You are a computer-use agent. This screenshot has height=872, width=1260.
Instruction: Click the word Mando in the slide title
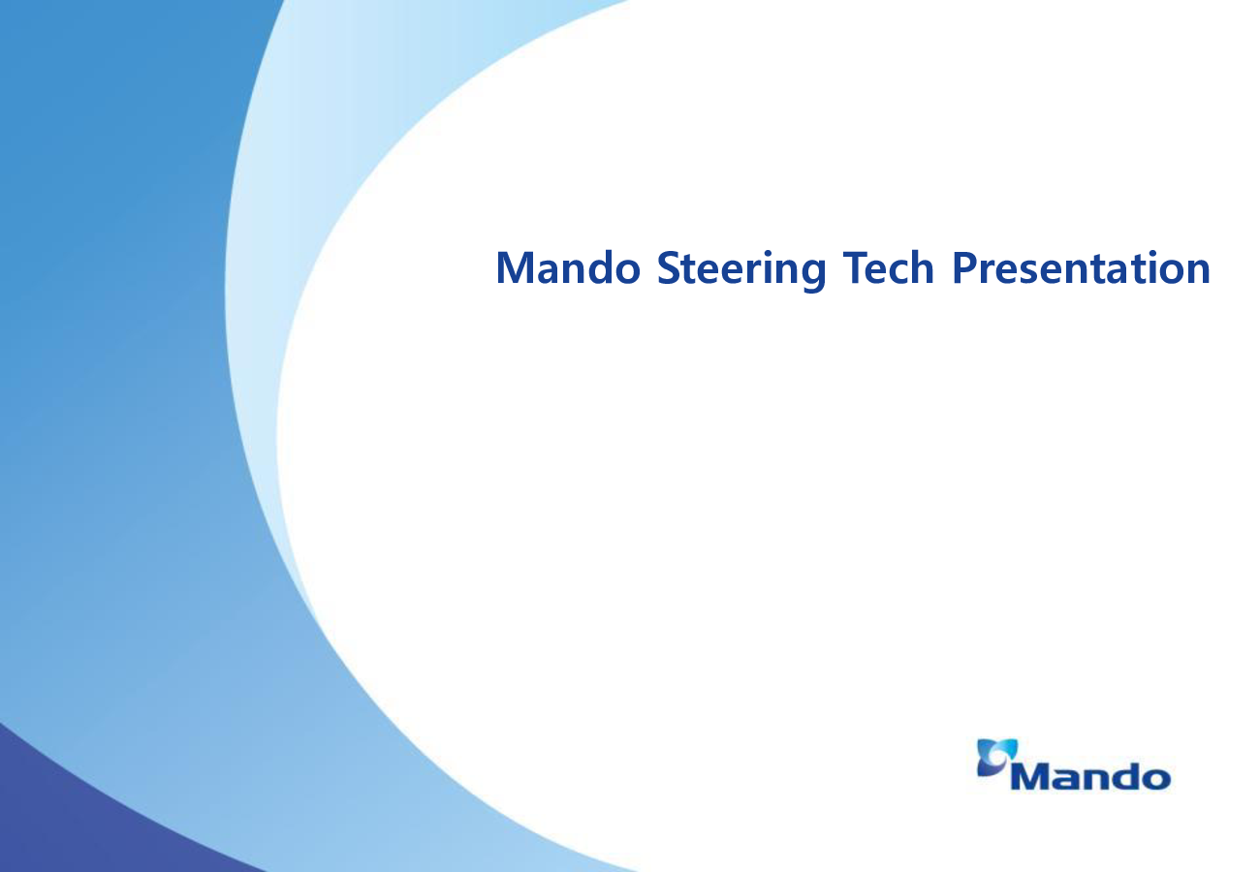point(568,267)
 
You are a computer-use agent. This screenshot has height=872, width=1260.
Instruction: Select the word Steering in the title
point(741,270)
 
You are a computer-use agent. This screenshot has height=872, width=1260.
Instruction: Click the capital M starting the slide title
point(514,267)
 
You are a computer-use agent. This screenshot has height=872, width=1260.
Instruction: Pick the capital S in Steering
point(668,267)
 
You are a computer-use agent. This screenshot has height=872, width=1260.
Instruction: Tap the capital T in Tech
point(856,267)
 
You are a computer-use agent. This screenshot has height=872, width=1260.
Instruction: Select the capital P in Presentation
point(964,267)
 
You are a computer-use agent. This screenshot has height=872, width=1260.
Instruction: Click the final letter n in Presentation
point(1198,271)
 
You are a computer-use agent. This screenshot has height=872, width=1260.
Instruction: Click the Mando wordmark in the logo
point(1090,776)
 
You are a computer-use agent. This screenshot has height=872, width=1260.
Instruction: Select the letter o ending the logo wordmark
point(1155,779)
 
